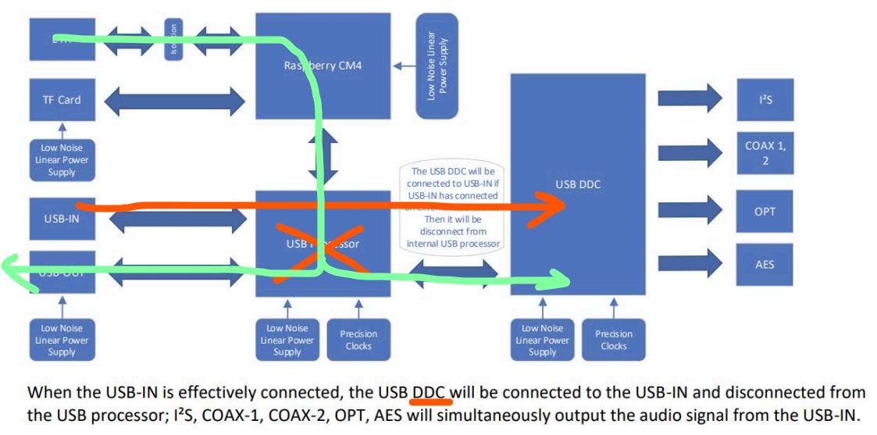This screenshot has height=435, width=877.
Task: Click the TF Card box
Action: click(61, 100)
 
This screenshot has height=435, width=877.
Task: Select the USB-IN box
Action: click(61, 219)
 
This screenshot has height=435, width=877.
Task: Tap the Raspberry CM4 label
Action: click(323, 66)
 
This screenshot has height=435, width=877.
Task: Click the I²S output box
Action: click(764, 99)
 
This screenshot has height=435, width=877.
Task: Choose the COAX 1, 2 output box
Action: click(764, 153)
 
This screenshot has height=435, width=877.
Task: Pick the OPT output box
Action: click(764, 211)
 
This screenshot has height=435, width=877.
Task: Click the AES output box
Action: click(764, 264)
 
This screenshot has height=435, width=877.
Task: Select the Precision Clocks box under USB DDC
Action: click(613, 340)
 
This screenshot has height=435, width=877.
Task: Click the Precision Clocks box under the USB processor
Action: click(358, 340)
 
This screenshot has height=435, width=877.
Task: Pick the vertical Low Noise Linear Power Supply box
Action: click(437, 66)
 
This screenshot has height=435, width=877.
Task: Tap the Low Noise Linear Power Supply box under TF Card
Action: click(61, 160)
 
